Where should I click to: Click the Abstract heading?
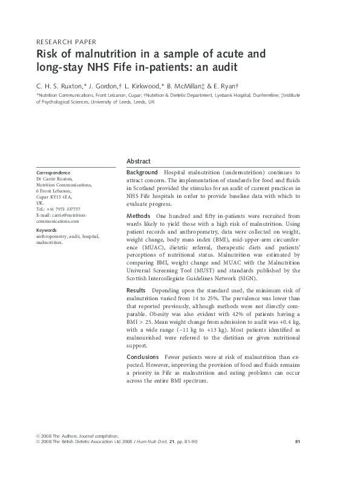(x=139, y=162)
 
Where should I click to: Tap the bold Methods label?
(x=139, y=216)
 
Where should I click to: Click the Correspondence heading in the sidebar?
(x=53, y=173)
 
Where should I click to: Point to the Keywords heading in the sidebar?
(x=47, y=231)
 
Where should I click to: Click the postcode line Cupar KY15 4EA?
(x=54, y=197)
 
